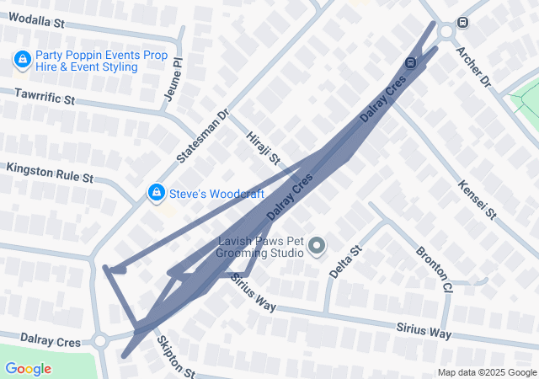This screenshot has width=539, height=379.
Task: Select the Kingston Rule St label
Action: (x=49, y=173)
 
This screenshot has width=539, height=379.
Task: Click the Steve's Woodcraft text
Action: (x=216, y=194)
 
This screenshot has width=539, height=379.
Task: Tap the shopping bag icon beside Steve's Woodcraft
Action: (x=156, y=194)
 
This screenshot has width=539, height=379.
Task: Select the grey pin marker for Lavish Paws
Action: (x=317, y=246)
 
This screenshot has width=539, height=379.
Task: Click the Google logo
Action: (x=28, y=369)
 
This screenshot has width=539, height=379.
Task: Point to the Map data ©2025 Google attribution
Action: (x=486, y=373)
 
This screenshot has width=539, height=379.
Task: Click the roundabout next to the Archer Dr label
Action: (x=446, y=32)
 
